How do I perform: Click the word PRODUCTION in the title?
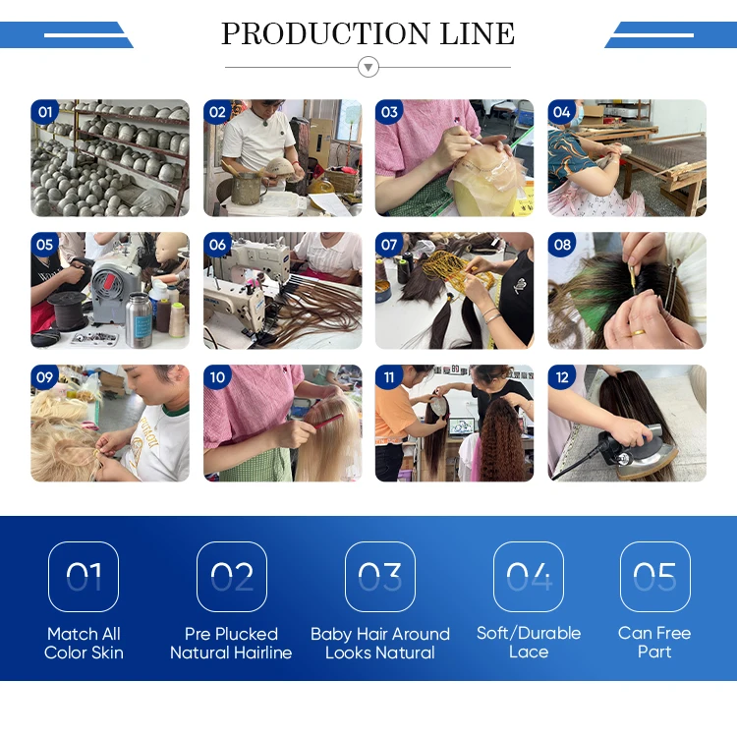click(x=325, y=33)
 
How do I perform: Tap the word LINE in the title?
click(x=477, y=33)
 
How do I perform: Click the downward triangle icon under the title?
click(x=368, y=67)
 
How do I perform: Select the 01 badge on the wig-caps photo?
click(x=44, y=112)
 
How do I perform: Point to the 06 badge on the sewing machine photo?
click(x=217, y=245)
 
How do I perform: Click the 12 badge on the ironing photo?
click(x=562, y=377)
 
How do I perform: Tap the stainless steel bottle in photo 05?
click(x=139, y=319)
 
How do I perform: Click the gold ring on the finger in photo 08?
click(x=638, y=332)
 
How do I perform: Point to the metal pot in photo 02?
click(x=248, y=189)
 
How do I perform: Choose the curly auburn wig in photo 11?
click(x=503, y=440)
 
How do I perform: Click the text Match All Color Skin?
click(x=84, y=643)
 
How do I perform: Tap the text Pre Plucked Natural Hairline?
click(x=231, y=643)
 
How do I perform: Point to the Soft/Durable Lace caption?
click(x=529, y=642)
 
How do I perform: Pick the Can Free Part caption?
click(x=654, y=642)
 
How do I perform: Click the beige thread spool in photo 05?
click(x=179, y=319)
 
